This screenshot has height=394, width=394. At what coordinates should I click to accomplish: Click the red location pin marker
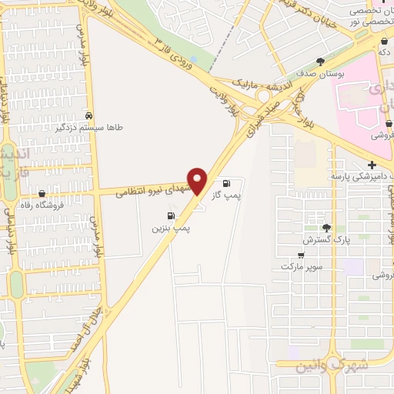click(x=198, y=181)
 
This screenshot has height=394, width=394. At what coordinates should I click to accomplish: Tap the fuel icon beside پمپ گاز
click(x=226, y=183)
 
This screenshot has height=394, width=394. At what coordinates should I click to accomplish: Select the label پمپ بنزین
click(x=170, y=229)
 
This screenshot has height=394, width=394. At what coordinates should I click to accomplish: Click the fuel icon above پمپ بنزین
click(x=170, y=215)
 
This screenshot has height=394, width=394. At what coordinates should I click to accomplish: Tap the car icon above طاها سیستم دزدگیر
click(x=90, y=116)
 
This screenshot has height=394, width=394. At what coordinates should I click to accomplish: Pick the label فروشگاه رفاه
click(x=42, y=206)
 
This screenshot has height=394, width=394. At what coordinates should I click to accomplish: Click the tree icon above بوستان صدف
click(x=320, y=61)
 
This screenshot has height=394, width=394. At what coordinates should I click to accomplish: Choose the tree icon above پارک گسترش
click(x=327, y=227)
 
